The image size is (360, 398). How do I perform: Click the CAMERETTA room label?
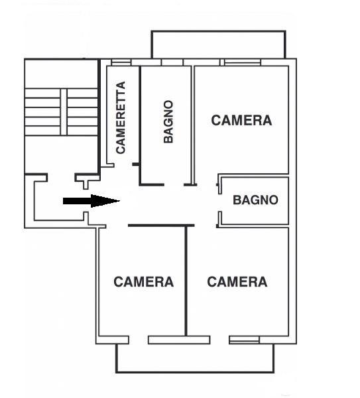tap(121, 117)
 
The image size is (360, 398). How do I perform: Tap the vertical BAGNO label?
tap(168, 122)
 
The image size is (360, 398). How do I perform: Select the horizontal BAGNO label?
tap(255, 200)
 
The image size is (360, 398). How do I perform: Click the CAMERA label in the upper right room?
tap(241, 120)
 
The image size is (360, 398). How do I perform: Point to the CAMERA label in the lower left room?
tap(144, 282)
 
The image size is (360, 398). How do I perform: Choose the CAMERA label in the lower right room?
tap(237, 282)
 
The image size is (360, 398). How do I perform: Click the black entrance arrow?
tap(91, 201)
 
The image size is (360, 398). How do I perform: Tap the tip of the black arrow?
tap(120, 201)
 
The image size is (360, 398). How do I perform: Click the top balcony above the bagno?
tap(218, 44)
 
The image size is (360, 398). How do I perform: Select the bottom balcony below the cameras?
tap(195, 358)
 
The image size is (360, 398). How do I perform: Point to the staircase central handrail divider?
tap(64, 112)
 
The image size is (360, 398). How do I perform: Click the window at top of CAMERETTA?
tap(121, 62)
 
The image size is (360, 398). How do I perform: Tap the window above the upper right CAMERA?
tap(242, 62)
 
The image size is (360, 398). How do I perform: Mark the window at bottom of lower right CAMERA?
tap(244, 340)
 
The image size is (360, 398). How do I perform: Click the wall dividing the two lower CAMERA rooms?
tap(186, 281)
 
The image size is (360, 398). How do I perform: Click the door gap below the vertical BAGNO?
tap(174, 185)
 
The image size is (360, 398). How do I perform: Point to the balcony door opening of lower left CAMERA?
tap(139, 340)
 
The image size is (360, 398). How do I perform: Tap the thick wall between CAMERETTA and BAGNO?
tap(140, 125)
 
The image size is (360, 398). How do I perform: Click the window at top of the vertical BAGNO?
tap(172, 62)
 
